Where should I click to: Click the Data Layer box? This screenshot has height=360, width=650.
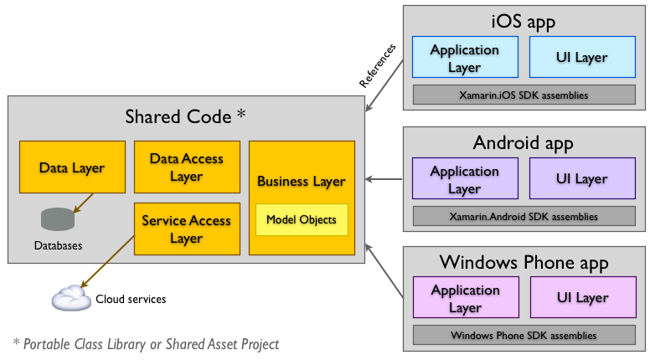pyautogui.click(x=71, y=167)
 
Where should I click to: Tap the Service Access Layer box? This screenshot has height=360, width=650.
pyautogui.click(x=186, y=229)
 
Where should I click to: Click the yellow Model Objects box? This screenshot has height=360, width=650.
pyautogui.click(x=301, y=219)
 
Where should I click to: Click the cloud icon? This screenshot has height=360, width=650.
pyautogui.click(x=70, y=298)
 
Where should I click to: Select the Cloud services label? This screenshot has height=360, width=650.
pyautogui.click(x=131, y=299)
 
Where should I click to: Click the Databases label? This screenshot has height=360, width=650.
pyautogui.click(x=58, y=247)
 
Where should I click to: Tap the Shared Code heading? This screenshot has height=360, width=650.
pyautogui.click(x=185, y=117)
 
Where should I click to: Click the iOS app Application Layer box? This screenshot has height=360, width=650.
pyautogui.click(x=465, y=59)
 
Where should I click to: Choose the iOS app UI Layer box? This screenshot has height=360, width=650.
pyautogui.click(x=581, y=59)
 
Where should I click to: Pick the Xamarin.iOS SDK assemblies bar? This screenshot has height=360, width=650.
pyautogui.click(x=524, y=95)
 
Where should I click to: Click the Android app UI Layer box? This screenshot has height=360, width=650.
pyautogui.click(x=581, y=179)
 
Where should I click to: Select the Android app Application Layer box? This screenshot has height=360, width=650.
pyautogui.click(x=465, y=179)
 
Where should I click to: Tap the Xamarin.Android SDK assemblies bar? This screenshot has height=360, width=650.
pyautogui.click(x=524, y=216)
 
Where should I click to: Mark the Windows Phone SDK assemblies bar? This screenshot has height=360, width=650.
pyautogui.click(x=524, y=336)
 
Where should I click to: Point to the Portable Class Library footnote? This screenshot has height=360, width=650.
pyautogui.click(x=146, y=344)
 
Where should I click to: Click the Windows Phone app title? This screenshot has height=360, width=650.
pyautogui.click(x=524, y=263)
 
